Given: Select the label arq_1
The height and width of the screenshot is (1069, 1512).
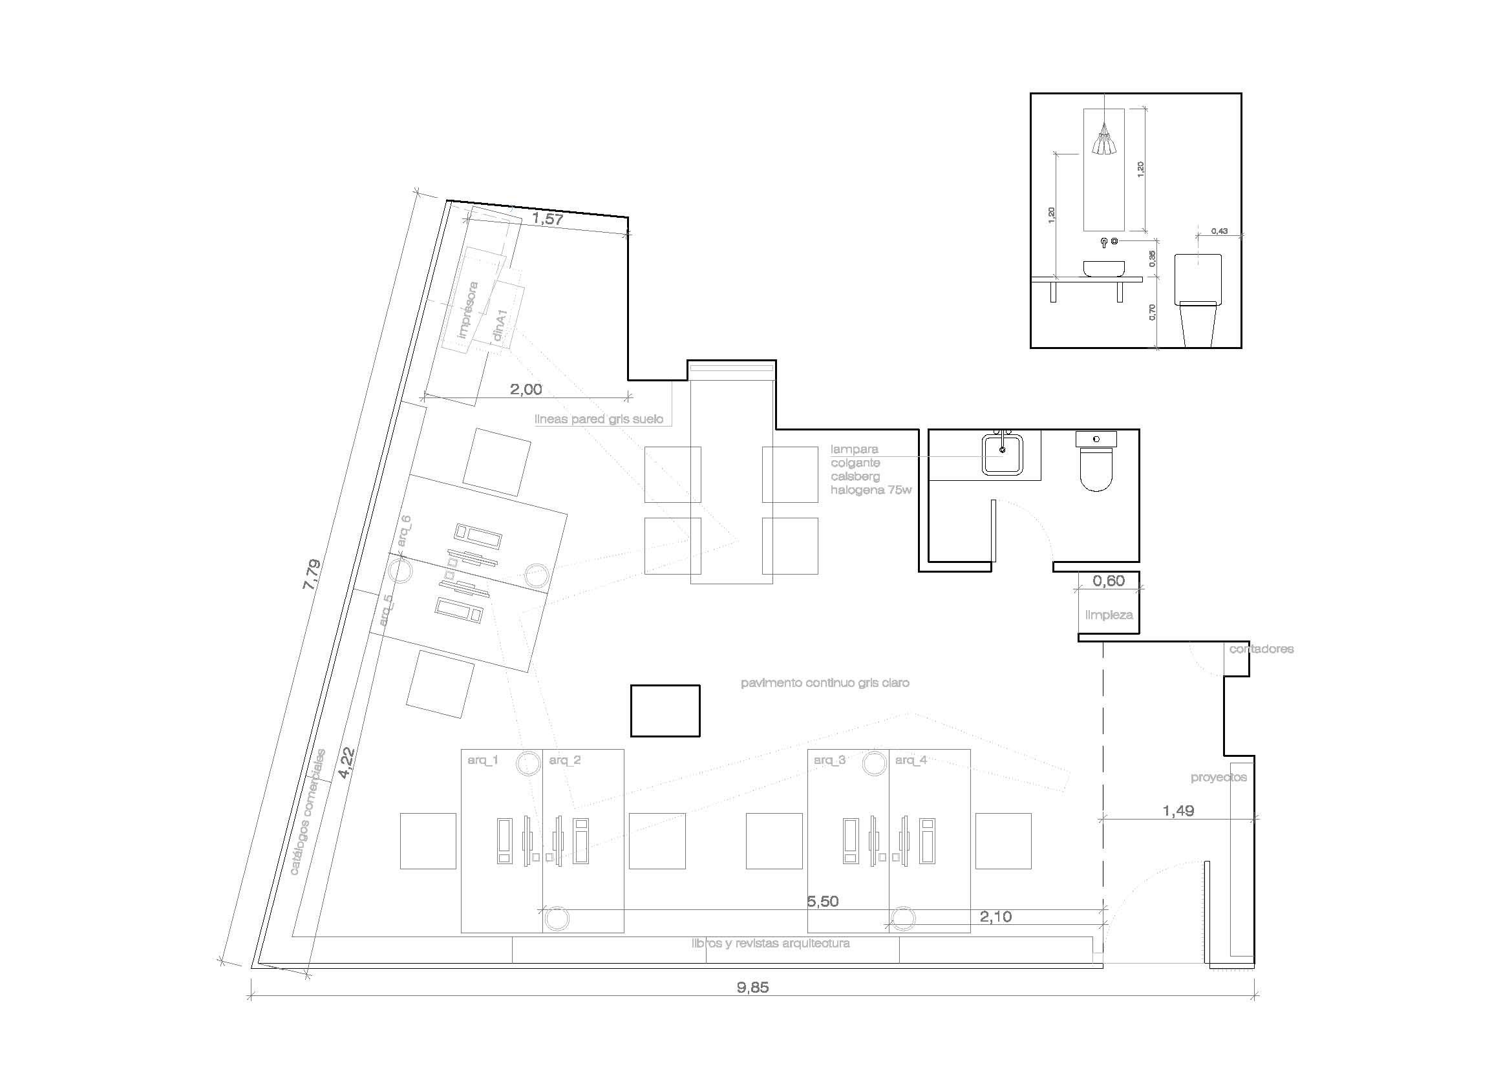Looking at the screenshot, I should click(x=483, y=760).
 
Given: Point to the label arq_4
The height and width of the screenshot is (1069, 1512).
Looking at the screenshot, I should click(x=911, y=760).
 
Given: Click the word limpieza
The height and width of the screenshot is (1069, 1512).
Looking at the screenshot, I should click(x=1109, y=615).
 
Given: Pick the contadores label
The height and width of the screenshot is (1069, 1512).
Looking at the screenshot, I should click(x=1261, y=649).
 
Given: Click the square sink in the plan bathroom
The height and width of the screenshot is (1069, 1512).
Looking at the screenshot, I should click(x=1003, y=454).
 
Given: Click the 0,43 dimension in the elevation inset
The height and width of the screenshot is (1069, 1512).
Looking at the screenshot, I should click(x=1219, y=231).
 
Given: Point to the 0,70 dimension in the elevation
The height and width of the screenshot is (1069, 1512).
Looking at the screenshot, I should click(x=1152, y=312).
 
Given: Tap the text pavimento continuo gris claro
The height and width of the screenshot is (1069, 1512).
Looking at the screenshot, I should click(x=824, y=683).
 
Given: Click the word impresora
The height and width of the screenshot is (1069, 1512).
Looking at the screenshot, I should click(x=468, y=310).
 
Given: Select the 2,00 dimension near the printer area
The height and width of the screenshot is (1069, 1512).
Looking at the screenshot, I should click(x=526, y=390).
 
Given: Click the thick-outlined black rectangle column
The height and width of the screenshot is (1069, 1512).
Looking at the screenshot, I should click(x=665, y=711).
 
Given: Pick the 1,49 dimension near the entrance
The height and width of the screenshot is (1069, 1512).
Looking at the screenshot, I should click(x=1178, y=811).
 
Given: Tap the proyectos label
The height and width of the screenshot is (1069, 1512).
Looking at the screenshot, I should click(x=1219, y=778).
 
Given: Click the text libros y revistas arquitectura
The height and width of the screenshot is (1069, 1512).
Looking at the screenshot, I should click(x=771, y=943).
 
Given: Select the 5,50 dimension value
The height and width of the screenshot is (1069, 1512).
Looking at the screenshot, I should click(x=822, y=902).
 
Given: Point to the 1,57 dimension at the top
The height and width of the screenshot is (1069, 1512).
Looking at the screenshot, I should click(x=548, y=219).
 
